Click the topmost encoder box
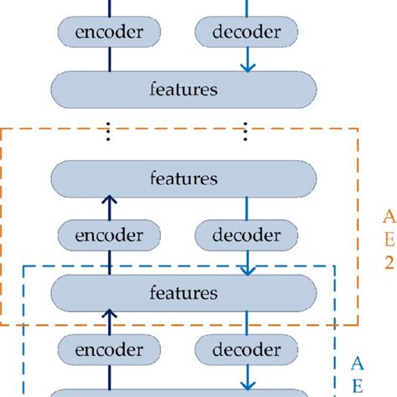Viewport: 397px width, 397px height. tap(109, 33)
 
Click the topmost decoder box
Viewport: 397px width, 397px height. tap(246, 33)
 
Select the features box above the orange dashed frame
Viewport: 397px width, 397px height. tap(184, 89)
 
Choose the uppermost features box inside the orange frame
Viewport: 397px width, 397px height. tap(184, 179)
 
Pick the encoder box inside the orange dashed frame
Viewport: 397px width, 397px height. tap(109, 235)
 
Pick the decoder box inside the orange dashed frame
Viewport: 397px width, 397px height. tap(246, 235)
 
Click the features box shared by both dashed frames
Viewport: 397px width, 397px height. tap(184, 293)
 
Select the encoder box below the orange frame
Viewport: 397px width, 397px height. tap(109, 348)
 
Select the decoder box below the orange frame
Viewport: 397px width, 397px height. tap(246, 348)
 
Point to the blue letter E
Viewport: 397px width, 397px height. tap(355, 386)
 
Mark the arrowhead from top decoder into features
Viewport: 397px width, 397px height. tap(246, 67)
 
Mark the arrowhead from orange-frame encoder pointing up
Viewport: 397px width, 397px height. tap(109, 204)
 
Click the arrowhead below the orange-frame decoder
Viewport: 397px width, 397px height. tap(246, 270)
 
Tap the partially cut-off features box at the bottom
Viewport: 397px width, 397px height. tap(184, 393)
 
